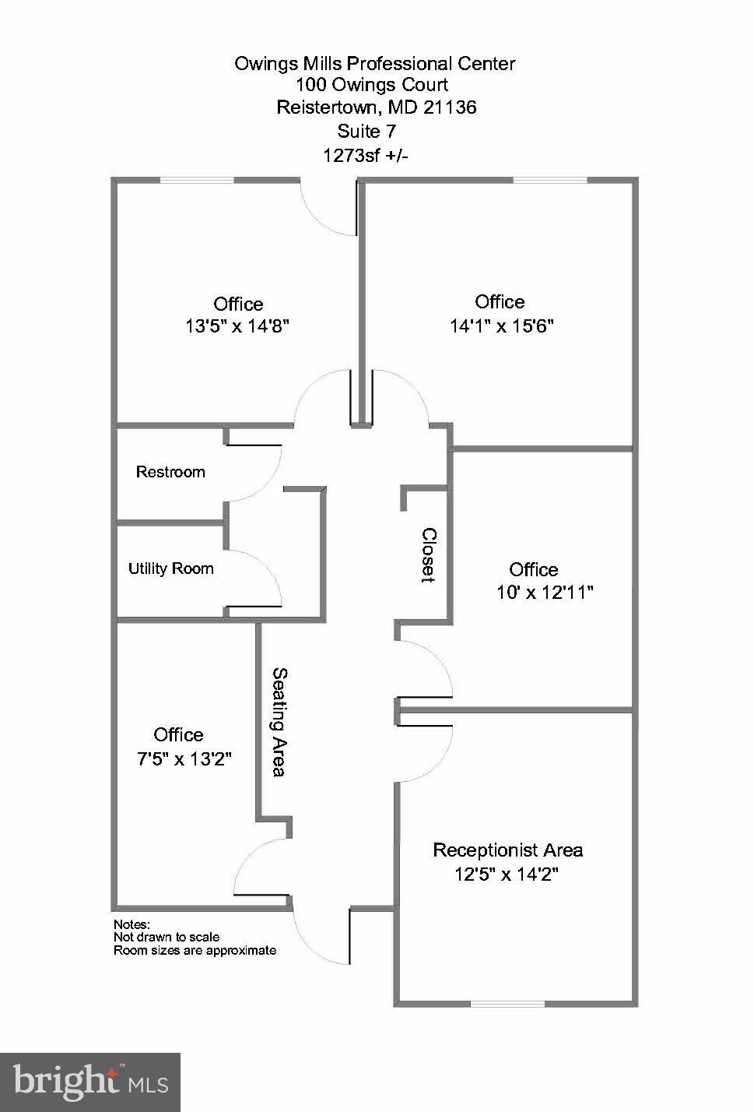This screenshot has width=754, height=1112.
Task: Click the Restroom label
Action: coord(170,472)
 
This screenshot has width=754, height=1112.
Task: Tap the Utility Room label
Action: coord(170,568)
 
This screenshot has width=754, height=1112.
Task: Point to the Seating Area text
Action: coord(279,722)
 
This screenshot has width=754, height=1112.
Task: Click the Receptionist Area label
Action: coord(507,850)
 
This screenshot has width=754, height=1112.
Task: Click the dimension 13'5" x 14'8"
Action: coord(237,326)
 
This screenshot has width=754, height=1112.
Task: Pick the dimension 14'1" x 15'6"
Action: coord(500,326)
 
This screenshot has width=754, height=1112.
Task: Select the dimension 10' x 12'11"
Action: coord(545,593)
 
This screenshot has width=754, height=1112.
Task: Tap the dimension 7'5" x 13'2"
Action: coord(184,758)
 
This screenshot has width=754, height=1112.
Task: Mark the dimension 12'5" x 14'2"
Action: coord(507,874)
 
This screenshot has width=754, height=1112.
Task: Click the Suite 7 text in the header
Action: coord(366,131)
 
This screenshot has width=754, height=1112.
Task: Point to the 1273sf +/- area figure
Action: coord(366,155)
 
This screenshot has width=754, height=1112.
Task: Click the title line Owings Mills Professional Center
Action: coord(374,64)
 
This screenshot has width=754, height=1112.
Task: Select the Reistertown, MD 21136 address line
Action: coord(376,107)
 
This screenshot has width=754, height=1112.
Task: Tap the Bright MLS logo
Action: coord(90,1082)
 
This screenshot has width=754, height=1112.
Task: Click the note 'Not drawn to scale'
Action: coord(167,937)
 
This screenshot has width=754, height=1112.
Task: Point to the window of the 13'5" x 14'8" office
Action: coord(197,181)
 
